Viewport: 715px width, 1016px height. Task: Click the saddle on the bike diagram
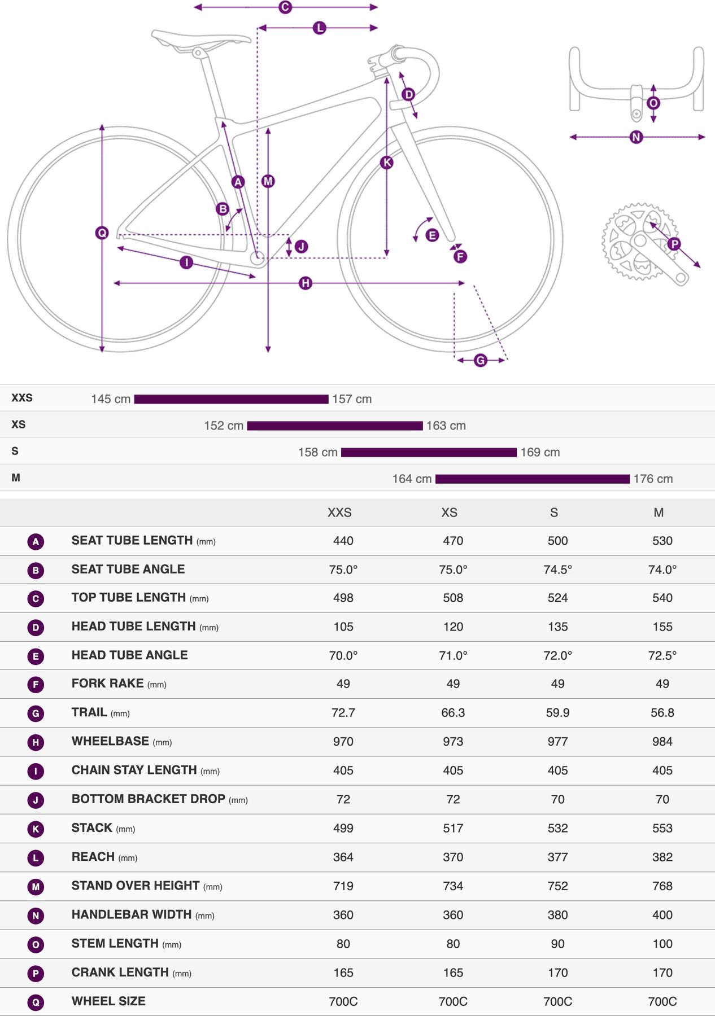198,40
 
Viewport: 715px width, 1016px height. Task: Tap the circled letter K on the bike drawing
387,163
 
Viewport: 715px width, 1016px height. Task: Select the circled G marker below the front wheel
480,360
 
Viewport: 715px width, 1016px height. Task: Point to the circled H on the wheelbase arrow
306,283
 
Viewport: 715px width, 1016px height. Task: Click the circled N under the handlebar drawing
636,137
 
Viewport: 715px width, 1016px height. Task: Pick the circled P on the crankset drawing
674,244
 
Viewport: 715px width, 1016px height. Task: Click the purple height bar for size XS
335,426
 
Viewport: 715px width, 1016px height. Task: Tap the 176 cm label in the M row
653,479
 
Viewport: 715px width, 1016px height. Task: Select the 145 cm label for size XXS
111,399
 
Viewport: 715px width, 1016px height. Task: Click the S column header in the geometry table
554,513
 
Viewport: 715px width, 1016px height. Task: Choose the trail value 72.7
343,713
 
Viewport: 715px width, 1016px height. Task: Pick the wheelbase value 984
662,742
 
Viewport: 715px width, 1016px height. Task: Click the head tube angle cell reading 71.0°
453,655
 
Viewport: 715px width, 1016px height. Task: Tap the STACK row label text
92,828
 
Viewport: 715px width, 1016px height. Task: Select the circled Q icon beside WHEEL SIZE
36,1002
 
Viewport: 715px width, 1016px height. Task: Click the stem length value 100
662,944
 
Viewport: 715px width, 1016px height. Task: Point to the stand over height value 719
343,886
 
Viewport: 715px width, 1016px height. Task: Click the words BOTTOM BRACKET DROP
149,799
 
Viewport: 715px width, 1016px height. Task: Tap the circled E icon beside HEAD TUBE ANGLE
36,656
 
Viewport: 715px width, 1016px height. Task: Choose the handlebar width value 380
557,915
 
